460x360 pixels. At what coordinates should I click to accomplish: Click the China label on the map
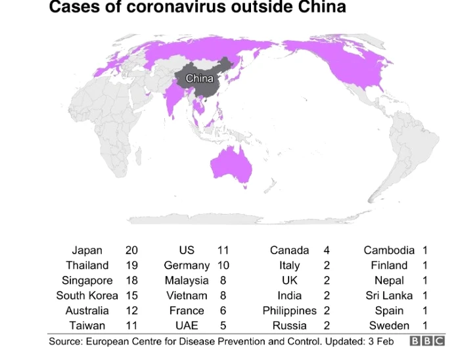[199, 79]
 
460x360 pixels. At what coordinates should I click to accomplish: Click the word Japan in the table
[87, 250]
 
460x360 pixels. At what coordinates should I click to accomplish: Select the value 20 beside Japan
[132, 250]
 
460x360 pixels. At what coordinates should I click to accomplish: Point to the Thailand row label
[87, 265]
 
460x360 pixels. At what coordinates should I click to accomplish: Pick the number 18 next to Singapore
[132, 281]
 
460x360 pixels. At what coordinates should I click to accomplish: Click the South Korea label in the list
[87, 296]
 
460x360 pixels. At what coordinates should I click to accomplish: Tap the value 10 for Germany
[223, 265]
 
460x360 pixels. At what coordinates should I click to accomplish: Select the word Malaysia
[187, 281]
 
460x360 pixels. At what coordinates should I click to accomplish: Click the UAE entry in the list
[187, 326]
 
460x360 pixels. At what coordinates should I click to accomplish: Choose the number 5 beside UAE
[223, 326]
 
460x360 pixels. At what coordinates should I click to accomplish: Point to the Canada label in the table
[289, 250]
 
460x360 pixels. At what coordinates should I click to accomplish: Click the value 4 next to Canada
[327, 250]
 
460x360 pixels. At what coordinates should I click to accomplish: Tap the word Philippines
[289, 311]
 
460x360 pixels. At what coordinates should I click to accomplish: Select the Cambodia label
[389, 250]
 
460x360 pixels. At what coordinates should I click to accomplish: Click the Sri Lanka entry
[389, 296]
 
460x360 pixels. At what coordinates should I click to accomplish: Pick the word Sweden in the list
[389, 326]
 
